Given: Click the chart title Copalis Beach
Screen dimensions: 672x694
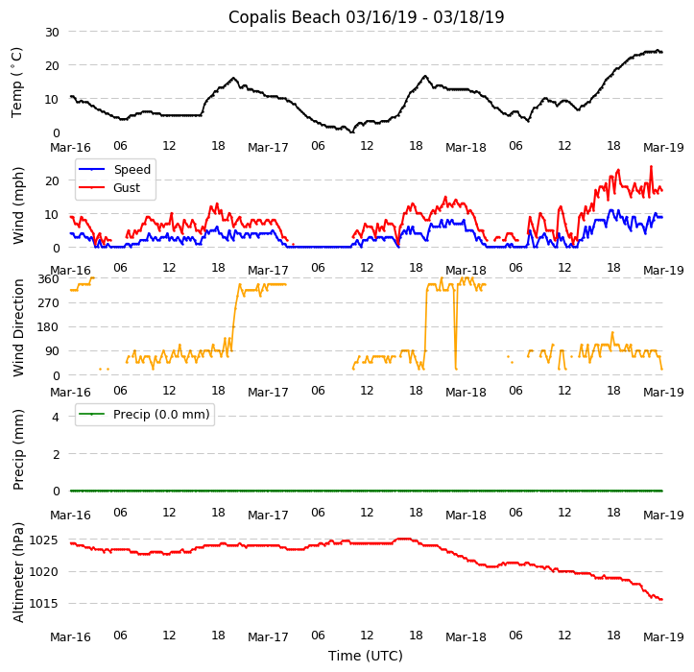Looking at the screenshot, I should click(x=366, y=17).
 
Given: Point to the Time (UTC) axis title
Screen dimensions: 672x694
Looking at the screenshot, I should click(x=366, y=656).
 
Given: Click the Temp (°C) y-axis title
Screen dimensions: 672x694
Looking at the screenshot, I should click(x=17, y=82).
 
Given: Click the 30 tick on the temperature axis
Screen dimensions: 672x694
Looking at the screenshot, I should click(x=51, y=32).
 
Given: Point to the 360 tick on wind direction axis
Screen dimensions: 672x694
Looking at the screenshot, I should click(x=48, y=278).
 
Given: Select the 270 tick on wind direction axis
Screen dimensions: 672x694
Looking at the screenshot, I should click(x=48, y=303).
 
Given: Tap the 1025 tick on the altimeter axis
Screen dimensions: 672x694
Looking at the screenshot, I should click(x=43, y=540).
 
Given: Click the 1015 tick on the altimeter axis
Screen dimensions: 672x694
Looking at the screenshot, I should click(x=43, y=604).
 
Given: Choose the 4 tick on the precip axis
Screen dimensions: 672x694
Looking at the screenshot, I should click(x=56, y=417).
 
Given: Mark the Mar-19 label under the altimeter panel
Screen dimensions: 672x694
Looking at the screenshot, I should click(x=663, y=636).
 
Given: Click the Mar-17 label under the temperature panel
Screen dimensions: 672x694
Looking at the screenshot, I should click(x=268, y=148).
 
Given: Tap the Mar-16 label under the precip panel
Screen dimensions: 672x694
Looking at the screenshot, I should click(x=70, y=515).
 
